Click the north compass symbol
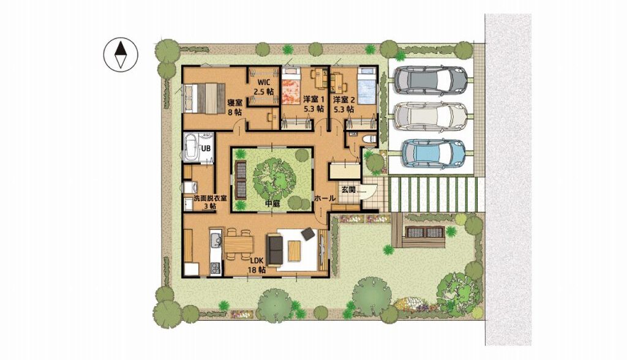[121, 55]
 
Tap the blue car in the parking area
[434, 153]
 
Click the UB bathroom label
[206, 148]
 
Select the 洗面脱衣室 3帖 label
[210, 201]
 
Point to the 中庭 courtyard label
[272, 204]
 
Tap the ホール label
[325, 198]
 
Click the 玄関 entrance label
[348, 190]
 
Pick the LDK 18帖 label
[257, 265]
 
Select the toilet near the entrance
[369, 138]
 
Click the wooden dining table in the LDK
[238, 244]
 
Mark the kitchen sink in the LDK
[216, 240]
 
